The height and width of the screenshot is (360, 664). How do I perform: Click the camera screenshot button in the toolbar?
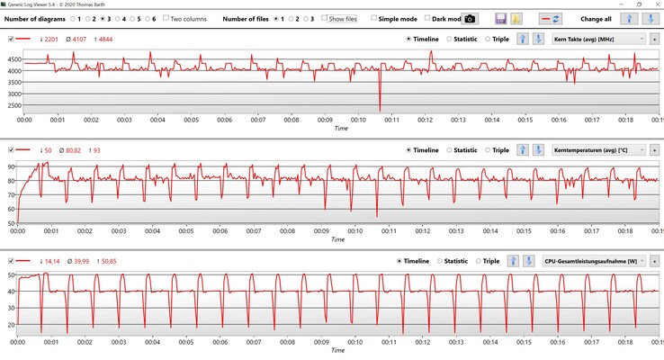click(469, 18)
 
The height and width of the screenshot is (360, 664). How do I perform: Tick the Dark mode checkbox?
click(428, 18)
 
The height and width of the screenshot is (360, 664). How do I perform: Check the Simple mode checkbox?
click(374, 18)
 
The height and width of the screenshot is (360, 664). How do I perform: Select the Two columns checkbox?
click(166, 18)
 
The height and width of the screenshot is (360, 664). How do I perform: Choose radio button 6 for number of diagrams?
click(145, 18)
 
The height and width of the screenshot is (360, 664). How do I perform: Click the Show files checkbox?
click(325, 18)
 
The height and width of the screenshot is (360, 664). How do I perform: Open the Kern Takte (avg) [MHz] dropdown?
click(598, 39)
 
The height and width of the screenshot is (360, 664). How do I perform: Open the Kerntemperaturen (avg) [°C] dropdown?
click(598, 150)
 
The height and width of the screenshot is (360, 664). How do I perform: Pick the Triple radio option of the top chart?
click(488, 39)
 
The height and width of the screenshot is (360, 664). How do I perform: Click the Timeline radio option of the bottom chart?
click(399, 261)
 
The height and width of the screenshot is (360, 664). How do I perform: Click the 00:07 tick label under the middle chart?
click(257, 230)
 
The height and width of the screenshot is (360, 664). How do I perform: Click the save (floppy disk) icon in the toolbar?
click(501, 18)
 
